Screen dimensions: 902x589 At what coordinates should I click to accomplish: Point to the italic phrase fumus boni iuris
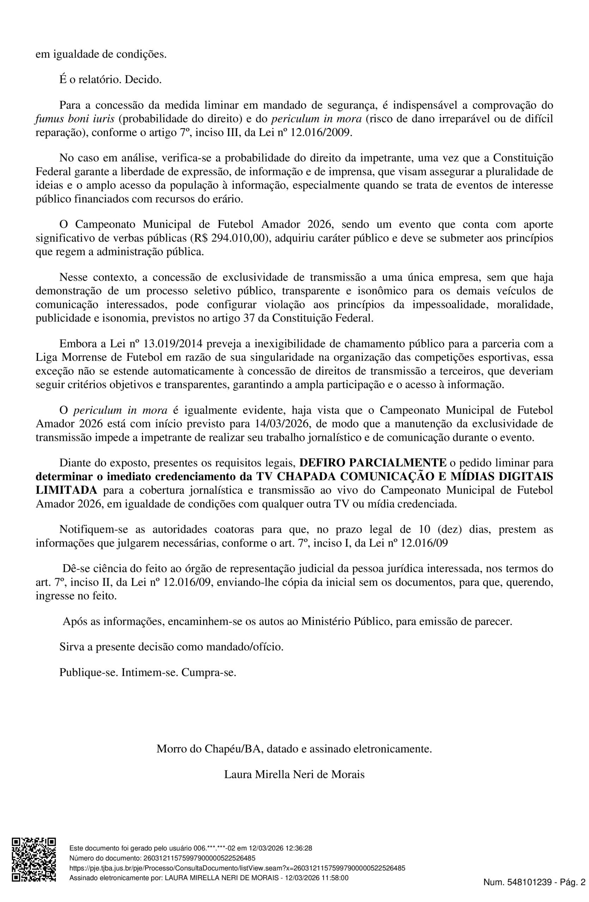(75, 119)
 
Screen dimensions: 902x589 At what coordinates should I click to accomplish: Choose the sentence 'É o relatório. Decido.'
(111, 80)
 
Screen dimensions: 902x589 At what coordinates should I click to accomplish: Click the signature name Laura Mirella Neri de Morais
(294, 774)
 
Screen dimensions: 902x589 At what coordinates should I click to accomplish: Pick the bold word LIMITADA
(66, 490)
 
